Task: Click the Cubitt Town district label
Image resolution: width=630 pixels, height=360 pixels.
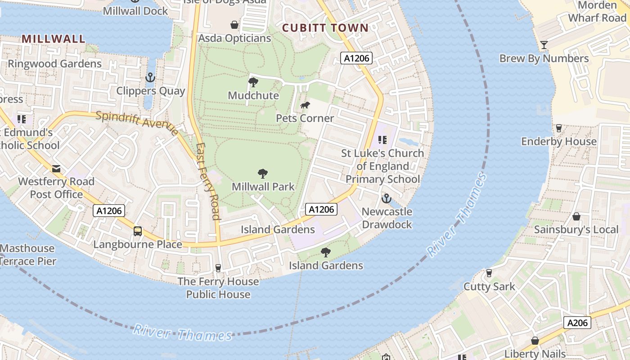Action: pyautogui.click(x=325, y=28)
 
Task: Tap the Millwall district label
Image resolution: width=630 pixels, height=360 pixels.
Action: pyautogui.click(x=53, y=39)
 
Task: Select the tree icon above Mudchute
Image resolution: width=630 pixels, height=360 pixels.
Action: pyautogui.click(x=253, y=82)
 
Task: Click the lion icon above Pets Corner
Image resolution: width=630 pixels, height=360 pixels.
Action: pyautogui.click(x=305, y=105)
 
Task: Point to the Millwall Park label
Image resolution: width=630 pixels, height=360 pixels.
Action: pyautogui.click(x=263, y=186)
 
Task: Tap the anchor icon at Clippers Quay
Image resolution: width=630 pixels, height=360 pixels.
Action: pyautogui.click(x=150, y=78)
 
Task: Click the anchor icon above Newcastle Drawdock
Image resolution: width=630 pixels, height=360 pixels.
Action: pyautogui.click(x=386, y=198)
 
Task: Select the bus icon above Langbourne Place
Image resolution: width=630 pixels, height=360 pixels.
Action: pyautogui.click(x=138, y=231)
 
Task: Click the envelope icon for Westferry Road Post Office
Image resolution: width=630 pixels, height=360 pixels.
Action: pyautogui.click(x=56, y=169)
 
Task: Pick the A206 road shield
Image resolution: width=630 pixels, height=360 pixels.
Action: pyautogui.click(x=577, y=323)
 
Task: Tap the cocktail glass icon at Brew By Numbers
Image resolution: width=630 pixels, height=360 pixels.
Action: pyautogui.click(x=544, y=45)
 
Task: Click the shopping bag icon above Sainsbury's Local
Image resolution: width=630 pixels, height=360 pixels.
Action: pyautogui.click(x=576, y=217)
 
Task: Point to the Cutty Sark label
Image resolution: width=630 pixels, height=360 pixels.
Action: pyautogui.click(x=489, y=287)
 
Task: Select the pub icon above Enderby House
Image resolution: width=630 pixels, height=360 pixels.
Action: pyautogui.click(x=558, y=128)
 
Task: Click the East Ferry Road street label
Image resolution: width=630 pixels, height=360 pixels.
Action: pyautogui.click(x=208, y=181)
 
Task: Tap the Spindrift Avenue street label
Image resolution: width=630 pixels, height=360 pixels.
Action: pyautogui.click(x=137, y=121)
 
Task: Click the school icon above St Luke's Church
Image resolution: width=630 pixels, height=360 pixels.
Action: pyautogui.click(x=382, y=140)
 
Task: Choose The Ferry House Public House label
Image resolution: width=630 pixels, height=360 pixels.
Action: pyautogui.click(x=218, y=288)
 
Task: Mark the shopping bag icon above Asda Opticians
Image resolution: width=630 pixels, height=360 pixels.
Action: pyautogui.click(x=234, y=24)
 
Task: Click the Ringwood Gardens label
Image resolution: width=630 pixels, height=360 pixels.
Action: pyautogui.click(x=54, y=64)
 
